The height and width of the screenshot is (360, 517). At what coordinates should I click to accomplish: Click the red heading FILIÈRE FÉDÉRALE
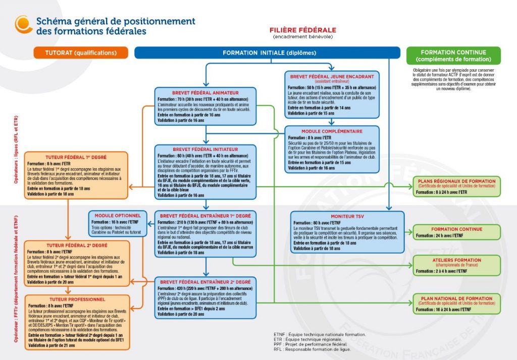tap(302, 30)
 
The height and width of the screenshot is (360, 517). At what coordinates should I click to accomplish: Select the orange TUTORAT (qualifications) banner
tap(81, 53)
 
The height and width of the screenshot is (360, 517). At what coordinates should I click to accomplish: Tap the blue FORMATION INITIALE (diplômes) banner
tap(269, 53)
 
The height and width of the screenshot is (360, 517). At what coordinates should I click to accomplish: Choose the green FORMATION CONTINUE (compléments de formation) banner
tap(453, 56)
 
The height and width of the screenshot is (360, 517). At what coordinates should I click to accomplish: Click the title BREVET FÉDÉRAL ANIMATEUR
tap(205, 93)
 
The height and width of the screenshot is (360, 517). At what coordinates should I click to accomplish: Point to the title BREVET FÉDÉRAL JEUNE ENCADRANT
tap(332, 76)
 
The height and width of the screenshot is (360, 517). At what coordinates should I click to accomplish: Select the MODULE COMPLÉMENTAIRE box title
tap(332, 131)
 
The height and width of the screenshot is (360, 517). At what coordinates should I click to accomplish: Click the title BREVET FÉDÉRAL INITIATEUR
tap(205, 150)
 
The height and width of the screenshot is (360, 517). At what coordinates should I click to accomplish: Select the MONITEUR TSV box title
tap(347, 216)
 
